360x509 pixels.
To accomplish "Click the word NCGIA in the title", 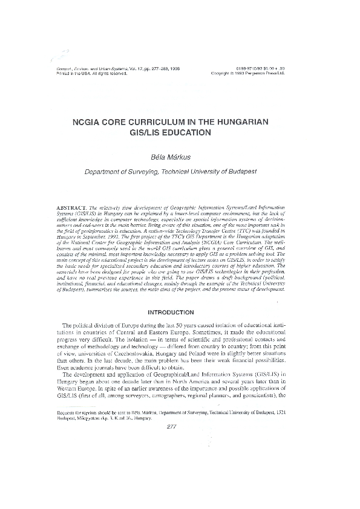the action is (x=89, y=122).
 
